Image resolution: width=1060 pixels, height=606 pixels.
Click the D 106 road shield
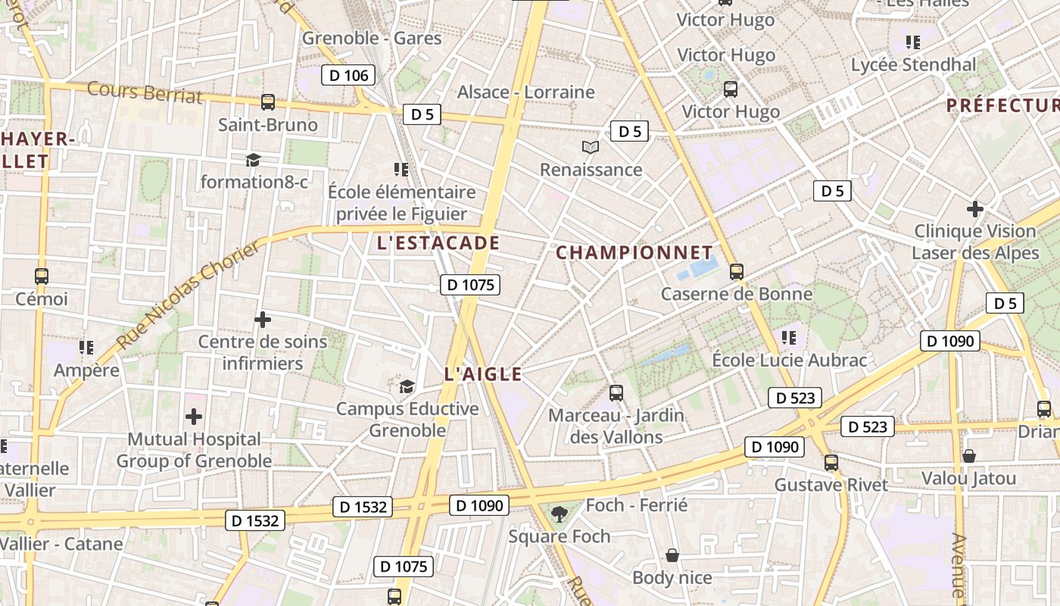(x=348, y=75)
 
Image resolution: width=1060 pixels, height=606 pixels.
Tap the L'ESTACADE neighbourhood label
(x=438, y=243)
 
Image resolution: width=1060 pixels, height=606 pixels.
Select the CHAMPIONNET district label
(x=634, y=253)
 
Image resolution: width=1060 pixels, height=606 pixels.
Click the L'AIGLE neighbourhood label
(x=483, y=374)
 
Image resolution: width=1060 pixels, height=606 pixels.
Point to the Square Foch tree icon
(x=560, y=514)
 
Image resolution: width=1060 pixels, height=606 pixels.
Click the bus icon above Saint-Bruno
(x=267, y=102)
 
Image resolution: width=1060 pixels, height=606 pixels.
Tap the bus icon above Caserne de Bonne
(x=736, y=272)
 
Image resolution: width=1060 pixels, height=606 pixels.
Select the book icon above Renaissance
(x=591, y=147)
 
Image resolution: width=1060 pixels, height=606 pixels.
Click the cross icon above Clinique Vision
(x=975, y=208)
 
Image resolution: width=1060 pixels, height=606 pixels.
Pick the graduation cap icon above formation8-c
(x=253, y=160)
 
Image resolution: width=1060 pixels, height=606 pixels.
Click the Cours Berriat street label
(x=145, y=92)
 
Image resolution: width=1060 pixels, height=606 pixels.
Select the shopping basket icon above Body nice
(x=672, y=555)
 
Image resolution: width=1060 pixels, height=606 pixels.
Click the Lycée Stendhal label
(x=914, y=65)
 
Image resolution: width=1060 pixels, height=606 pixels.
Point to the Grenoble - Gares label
(x=372, y=38)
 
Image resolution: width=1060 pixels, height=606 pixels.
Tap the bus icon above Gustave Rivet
(x=831, y=462)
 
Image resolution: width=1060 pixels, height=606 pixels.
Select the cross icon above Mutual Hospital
(x=194, y=417)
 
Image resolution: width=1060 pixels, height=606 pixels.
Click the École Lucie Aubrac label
(x=789, y=360)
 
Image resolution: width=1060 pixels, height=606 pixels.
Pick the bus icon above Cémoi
(x=42, y=276)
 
